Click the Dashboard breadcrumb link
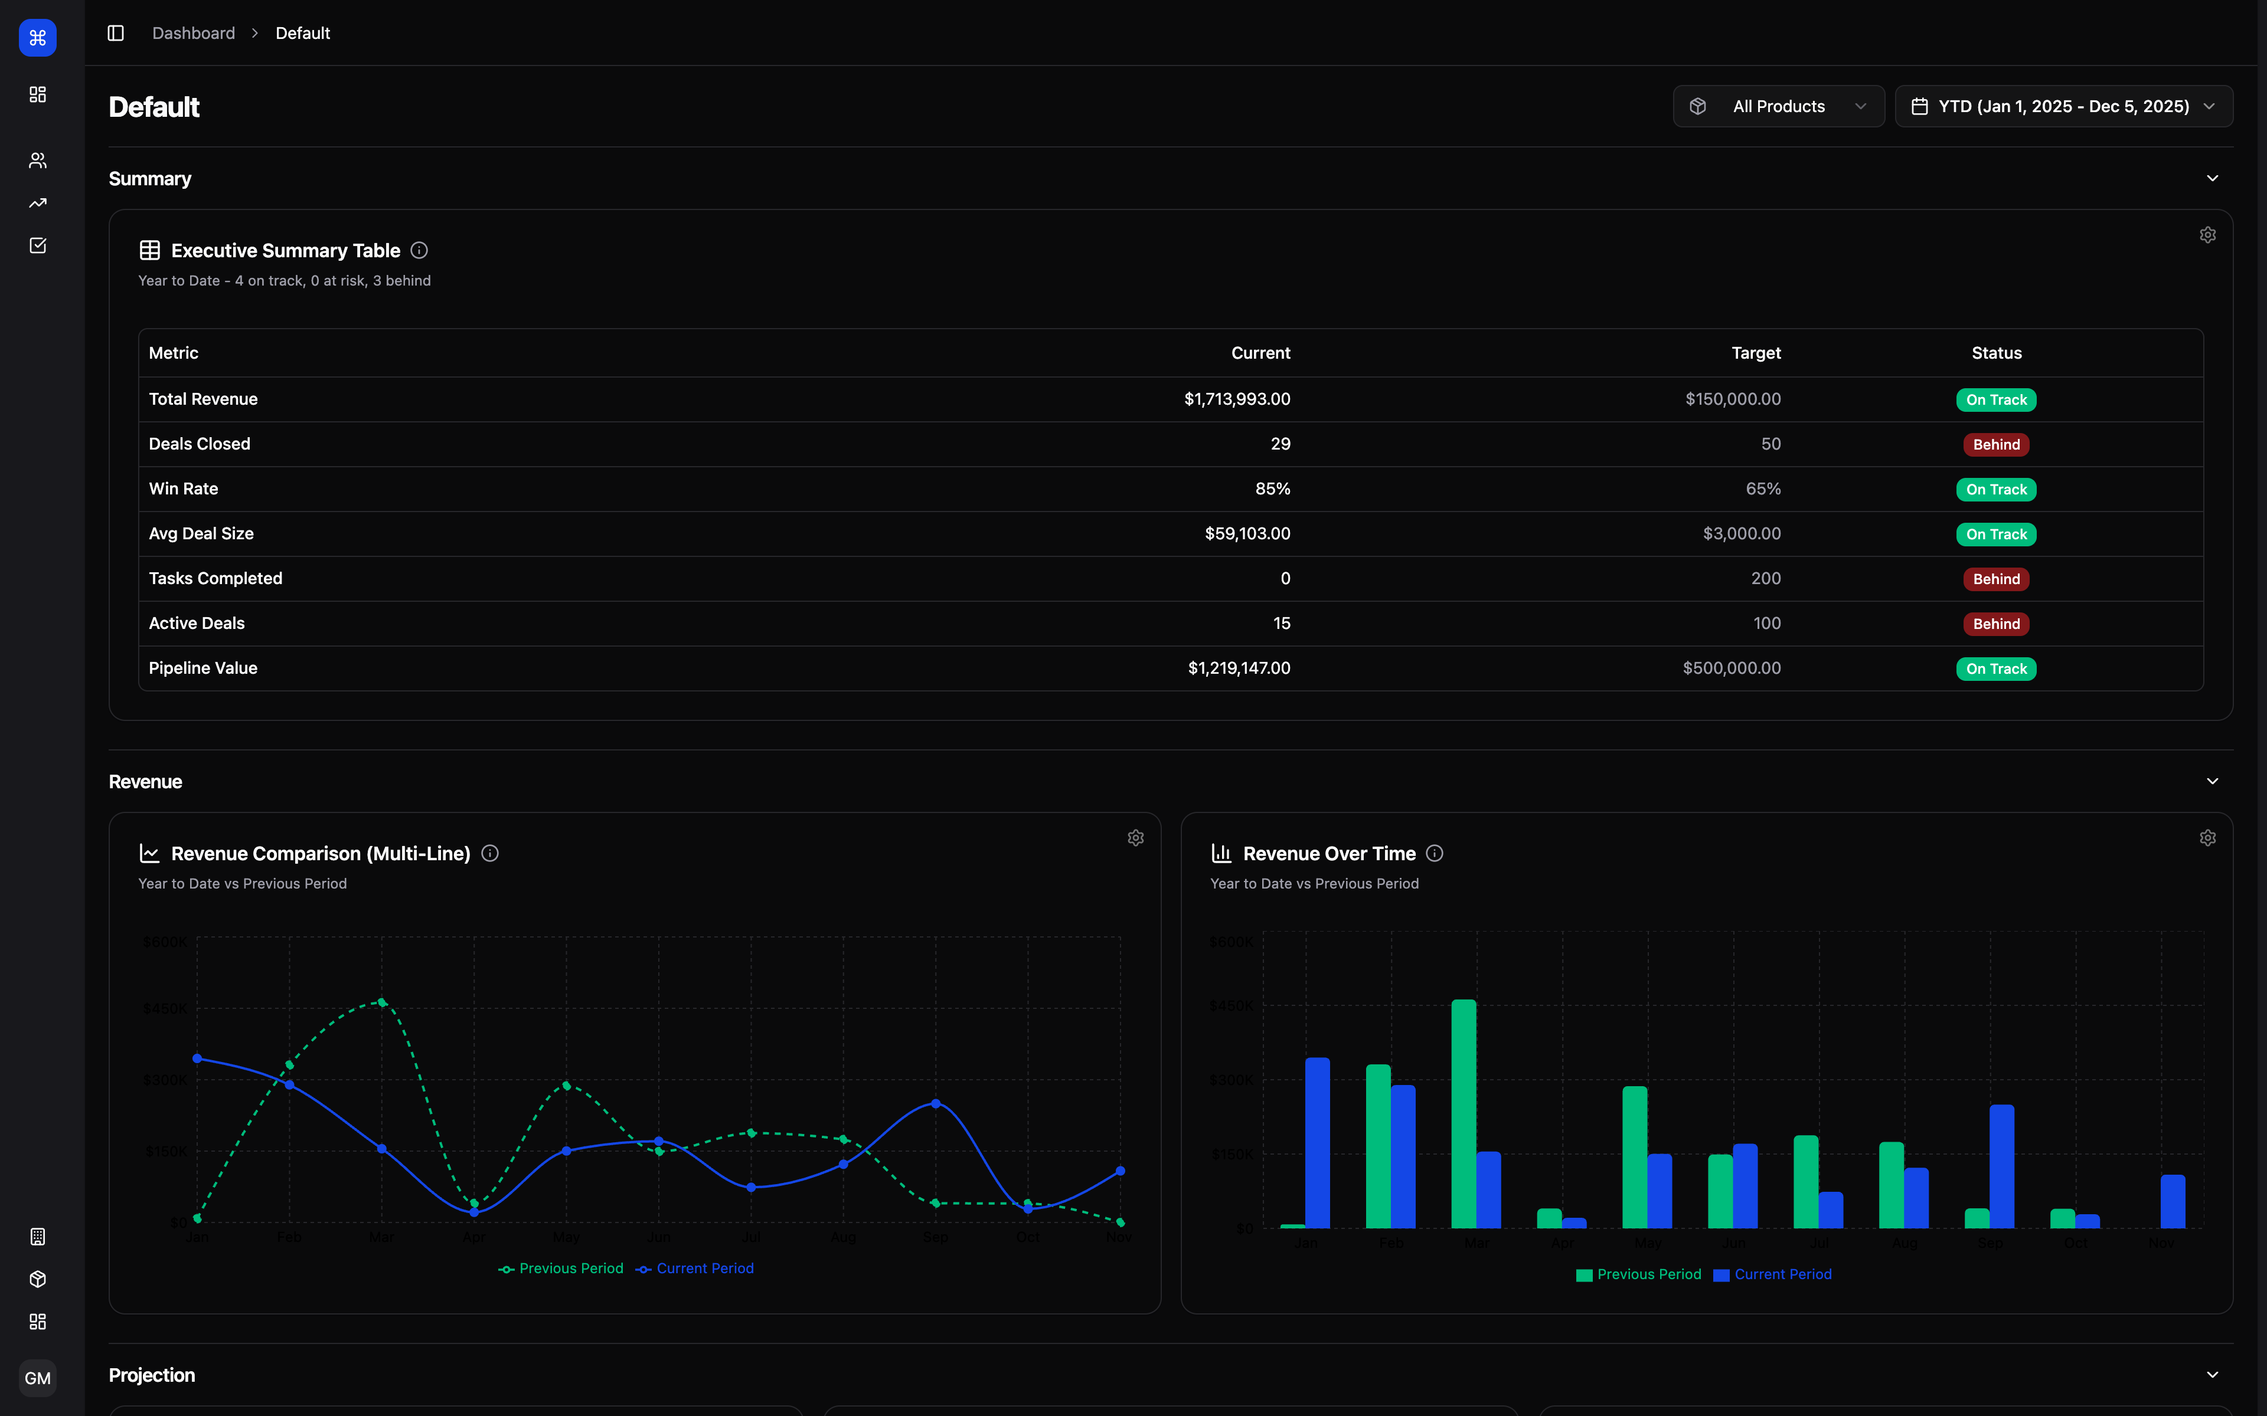pyautogui.click(x=194, y=34)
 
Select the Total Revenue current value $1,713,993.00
pyautogui.click(x=1237, y=399)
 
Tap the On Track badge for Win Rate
pyautogui.click(x=1995, y=490)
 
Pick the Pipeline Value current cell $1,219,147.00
pyautogui.click(x=1239, y=668)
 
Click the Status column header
pyautogui.click(x=1996, y=353)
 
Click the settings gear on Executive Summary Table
pyautogui.click(x=2207, y=235)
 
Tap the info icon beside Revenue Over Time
pyautogui.click(x=1434, y=853)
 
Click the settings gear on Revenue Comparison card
pyautogui.click(x=1135, y=838)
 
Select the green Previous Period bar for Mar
pyautogui.click(x=1464, y=1115)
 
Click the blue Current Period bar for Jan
pyautogui.click(x=1317, y=1143)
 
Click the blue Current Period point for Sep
pyautogui.click(x=936, y=1104)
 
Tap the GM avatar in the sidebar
pyautogui.click(x=37, y=1378)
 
